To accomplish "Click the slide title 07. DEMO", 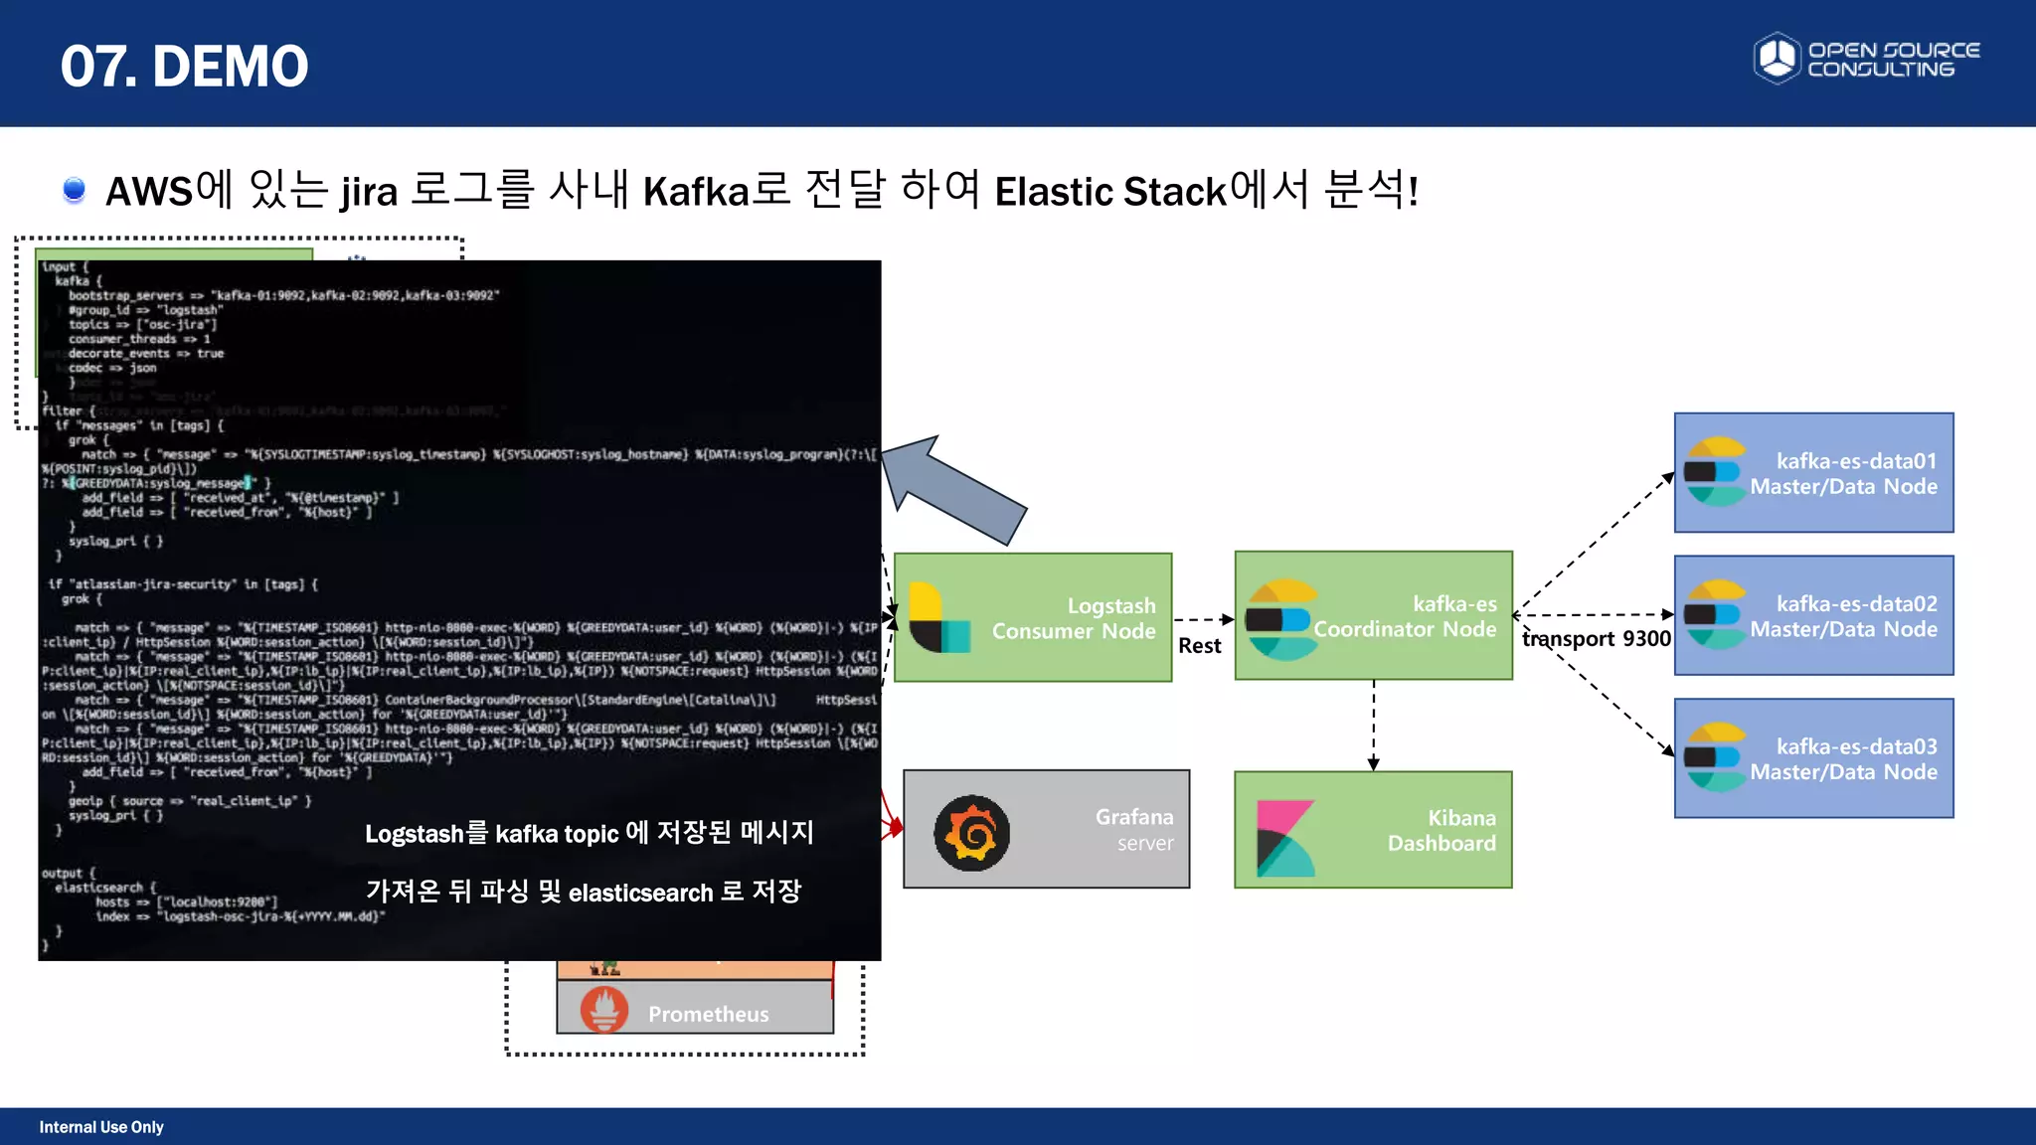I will (184, 66).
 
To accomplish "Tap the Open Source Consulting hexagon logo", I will (1777, 58).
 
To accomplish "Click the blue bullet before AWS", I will (74, 189).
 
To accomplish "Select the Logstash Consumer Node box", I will (1033, 617).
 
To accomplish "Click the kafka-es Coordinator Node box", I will (1373, 615).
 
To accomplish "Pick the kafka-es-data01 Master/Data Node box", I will (1813, 473).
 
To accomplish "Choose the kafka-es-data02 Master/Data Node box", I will (1813, 615).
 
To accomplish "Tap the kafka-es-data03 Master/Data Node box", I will (1813, 758).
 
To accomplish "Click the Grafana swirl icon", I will (971, 833).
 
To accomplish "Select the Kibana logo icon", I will (1285, 838).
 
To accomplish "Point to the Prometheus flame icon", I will (604, 1010).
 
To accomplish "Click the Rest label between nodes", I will (1199, 646).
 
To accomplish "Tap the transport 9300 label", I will (1597, 639).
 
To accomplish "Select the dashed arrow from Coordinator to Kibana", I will (1373, 725).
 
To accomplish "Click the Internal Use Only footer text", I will (101, 1127).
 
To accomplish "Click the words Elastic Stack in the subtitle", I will (1110, 191).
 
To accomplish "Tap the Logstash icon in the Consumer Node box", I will (938, 617).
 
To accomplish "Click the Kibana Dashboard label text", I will (1441, 831).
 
